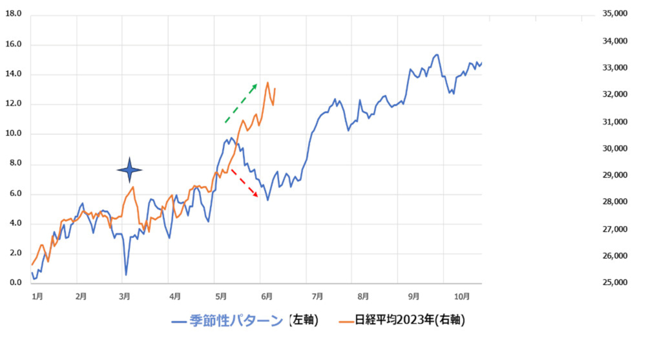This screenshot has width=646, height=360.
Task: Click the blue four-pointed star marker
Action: pos(129,169)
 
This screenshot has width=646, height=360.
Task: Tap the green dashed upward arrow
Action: pos(241,103)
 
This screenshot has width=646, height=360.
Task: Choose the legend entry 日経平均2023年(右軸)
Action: pos(402,320)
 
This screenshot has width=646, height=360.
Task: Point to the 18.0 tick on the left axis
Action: pos(13,14)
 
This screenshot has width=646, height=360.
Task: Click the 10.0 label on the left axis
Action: pos(13,134)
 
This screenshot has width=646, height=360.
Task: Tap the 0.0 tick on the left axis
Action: pos(13,283)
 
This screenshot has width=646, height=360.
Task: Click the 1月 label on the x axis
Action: pos(37,296)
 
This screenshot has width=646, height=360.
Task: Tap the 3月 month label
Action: pos(126,296)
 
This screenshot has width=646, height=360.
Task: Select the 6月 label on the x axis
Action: pos(266,296)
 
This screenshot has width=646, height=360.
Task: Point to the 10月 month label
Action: pos(461,296)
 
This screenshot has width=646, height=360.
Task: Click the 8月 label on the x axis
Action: pos(363,296)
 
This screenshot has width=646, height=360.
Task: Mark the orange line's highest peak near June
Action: pos(267,83)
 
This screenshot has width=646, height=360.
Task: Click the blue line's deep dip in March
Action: pos(126,275)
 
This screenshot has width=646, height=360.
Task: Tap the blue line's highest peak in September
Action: pos(437,55)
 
